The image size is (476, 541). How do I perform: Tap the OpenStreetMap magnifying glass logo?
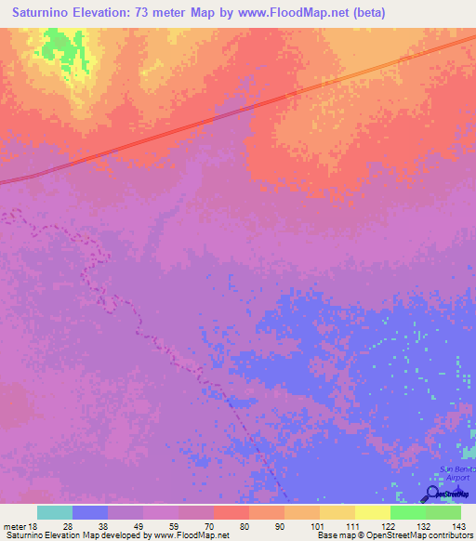[x=430, y=493]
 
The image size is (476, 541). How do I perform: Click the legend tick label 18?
[x=34, y=526]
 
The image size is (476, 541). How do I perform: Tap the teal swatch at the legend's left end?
[x=55, y=512]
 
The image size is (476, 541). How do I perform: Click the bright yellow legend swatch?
[x=372, y=512]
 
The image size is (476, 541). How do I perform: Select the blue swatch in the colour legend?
[x=90, y=512]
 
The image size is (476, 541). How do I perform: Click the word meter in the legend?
[x=14, y=526]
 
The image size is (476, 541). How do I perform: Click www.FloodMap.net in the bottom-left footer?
[x=191, y=535]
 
